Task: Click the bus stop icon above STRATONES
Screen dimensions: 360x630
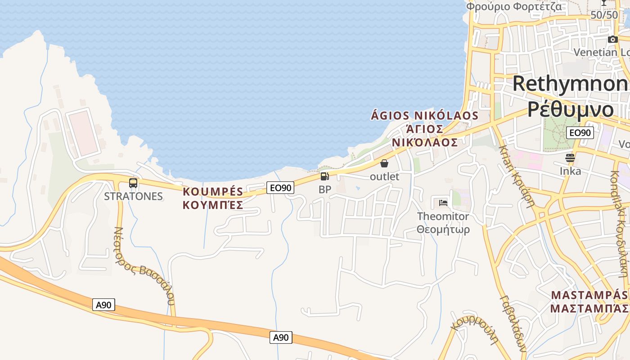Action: click(x=133, y=183)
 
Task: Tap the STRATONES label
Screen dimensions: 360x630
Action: click(x=133, y=196)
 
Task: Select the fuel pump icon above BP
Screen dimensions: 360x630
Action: click(x=324, y=176)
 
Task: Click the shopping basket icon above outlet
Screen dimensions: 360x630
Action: click(x=384, y=163)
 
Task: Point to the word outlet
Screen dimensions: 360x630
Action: click(x=384, y=176)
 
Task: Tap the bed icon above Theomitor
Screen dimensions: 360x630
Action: click(x=443, y=202)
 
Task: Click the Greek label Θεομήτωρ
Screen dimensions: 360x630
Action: click(x=443, y=229)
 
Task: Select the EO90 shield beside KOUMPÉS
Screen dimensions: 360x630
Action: click(x=280, y=188)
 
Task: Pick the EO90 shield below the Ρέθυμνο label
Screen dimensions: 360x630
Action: click(x=580, y=133)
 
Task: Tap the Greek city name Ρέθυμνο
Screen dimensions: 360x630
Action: click(x=571, y=109)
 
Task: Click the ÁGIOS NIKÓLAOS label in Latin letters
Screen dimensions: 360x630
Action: click(x=424, y=116)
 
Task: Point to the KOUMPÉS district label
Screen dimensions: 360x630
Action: click(x=213, y=192)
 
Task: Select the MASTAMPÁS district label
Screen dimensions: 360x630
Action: click(x=589, y=295)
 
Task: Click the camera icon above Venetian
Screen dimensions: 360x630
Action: click(x=612, y=40)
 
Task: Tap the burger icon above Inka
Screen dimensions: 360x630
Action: click(x=570, y=158)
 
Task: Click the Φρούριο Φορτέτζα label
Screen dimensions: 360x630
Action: click(x=513, y=6)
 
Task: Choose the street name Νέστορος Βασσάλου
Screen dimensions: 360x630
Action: click(x=144, y=265)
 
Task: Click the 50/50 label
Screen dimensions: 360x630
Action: click(x=604, y=15)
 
